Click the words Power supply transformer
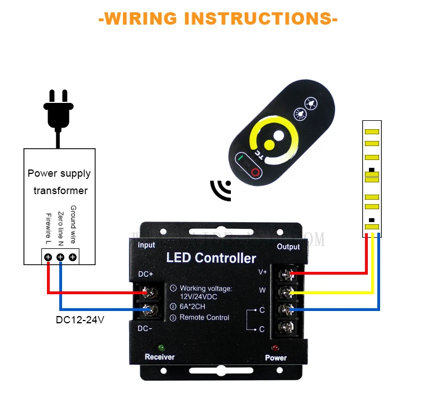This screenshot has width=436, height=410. click(59, 182)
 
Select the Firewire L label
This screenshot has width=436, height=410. click(48, 228)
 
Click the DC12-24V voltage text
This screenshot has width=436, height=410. click(79, 321)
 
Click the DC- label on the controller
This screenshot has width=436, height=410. click(145, 328)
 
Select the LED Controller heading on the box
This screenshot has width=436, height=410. click(211, 258)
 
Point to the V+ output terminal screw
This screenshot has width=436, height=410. click(287, 274)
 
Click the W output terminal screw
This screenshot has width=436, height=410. click(287, 291)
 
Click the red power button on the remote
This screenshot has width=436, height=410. click(255, 172)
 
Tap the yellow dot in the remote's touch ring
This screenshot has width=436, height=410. click(269, 145)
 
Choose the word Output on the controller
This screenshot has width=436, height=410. click(288, 247)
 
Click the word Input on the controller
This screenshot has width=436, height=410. click(146, 245)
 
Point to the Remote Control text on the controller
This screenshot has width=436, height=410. click(204, 317)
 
